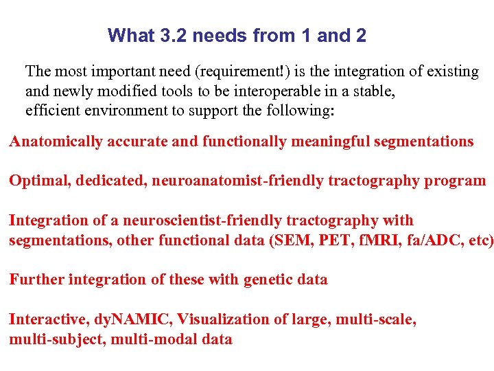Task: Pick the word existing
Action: click(x=452, y=71)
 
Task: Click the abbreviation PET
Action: click(x=327, y=240)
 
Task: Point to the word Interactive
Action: click(x=44, y=319)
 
